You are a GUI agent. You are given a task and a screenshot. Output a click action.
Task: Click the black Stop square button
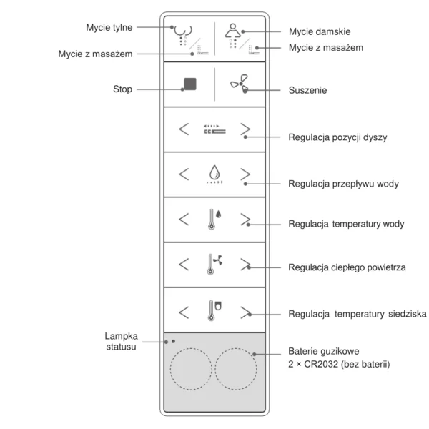[x=189, y=84]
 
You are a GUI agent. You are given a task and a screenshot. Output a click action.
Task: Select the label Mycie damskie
[x=320, y=32]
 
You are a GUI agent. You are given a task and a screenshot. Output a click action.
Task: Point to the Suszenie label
[x=308, y=91]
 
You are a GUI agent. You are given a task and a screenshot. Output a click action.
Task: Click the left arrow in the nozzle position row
[x=184, y=129]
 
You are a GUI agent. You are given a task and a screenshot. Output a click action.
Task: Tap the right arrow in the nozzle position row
[x=245, y=129]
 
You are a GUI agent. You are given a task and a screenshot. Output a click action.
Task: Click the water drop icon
[x=213, y=172]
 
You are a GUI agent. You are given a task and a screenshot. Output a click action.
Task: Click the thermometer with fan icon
[x=214, y=264]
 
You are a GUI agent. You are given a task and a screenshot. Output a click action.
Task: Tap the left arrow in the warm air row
[x=184, y=265]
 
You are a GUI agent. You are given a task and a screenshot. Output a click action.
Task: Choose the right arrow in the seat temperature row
[x=245, y=311]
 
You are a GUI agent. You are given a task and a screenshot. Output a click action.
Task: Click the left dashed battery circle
[x=191, y=369]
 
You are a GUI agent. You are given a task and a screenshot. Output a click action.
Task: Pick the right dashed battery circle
[x=236, y=369]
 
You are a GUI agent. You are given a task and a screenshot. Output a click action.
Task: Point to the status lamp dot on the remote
[x=174, y=341]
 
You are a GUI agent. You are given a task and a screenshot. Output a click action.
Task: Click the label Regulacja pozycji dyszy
[x=337, y=137]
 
